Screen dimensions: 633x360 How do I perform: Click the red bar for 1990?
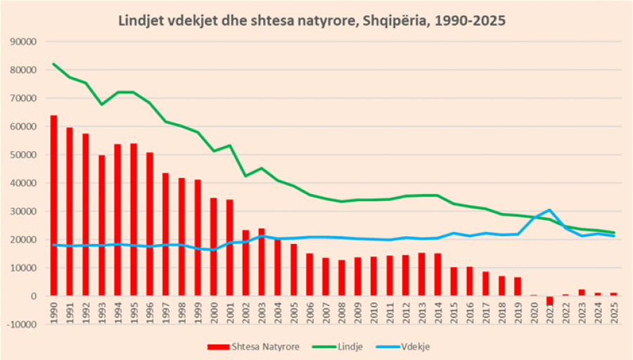(x=53, y=205)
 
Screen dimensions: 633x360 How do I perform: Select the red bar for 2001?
(x=230, y=247)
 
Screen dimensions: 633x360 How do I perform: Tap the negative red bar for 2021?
(x=549, y=300)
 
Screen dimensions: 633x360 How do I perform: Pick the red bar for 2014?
(x=437, y=274)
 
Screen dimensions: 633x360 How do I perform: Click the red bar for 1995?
(x=134, y=219)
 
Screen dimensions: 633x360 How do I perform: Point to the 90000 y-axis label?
(x=25, y=41)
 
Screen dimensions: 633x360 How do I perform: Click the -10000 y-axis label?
(x=23, y=324)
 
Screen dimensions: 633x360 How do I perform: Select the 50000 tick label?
(x=25, y=155)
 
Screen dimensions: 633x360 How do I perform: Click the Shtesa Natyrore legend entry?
(x=253, y=347)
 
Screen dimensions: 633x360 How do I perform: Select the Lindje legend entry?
(x=338, y=347)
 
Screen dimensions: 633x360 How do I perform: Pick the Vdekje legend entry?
(x=402, y=347)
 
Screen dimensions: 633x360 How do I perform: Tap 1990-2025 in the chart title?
(x=470, y=20)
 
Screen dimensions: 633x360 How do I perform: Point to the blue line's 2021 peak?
(x=549, y=210)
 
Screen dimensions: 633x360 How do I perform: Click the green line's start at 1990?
(x=53, y=64)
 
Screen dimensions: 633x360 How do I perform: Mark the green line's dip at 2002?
(x=246, y=176)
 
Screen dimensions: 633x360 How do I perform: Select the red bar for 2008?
(x=342, y=278)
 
